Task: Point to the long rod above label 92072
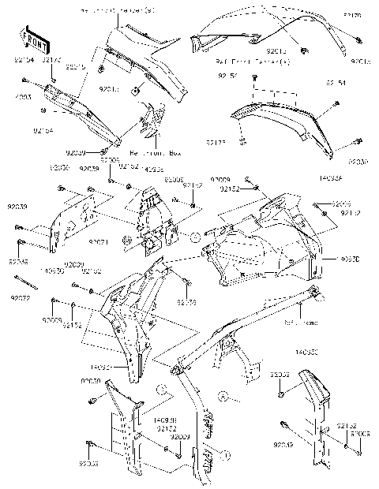pyautogui.click(x=28, y=286)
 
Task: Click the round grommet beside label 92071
pyautogui.click(x=127, y=238)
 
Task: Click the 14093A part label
pyautogui.click(x=329, y=180)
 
